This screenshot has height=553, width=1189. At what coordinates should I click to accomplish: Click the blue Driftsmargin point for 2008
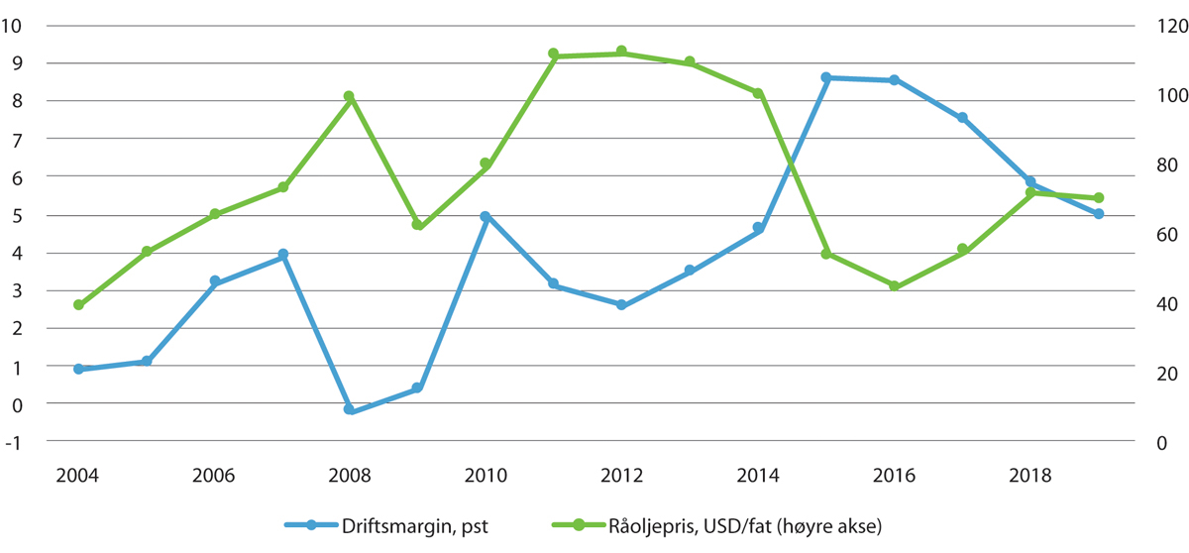tap(349, 409)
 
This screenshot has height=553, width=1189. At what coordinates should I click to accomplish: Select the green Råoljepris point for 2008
tap(349, 97)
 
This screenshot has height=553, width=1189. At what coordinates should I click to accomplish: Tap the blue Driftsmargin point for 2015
tap(826, 77)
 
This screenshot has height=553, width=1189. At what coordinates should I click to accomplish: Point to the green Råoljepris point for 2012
tap(621, 52)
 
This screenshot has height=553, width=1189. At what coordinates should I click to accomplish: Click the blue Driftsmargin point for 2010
tap(486, 216)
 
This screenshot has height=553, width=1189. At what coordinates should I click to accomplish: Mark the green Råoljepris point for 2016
tap(894, 286)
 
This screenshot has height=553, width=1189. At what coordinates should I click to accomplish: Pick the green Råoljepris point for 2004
tap(78, 305)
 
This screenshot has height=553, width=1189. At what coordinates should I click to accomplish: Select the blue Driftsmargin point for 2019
tap(1099, 214)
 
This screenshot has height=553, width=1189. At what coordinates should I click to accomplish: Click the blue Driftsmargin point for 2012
tap(621, 305)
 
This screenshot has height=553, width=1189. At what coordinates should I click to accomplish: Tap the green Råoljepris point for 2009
tap(417, 226)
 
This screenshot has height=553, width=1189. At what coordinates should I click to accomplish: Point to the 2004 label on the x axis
tap(78, 475)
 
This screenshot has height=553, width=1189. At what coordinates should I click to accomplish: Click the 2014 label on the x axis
tap(757, 475)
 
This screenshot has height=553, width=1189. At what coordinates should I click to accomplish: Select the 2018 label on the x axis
tap(1029, 475)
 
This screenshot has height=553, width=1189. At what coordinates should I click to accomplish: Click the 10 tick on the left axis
tap(12, 26)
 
